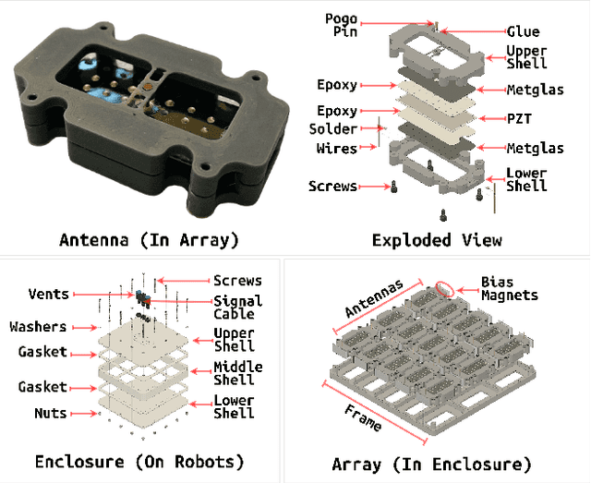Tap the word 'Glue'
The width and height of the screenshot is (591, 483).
tap(522, 30)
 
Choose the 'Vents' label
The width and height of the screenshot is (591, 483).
tap(48, 294)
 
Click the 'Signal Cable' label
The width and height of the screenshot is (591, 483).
tap(237, 308)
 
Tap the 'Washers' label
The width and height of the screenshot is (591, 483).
tap(38, 327)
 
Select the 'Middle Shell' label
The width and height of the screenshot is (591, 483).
tap(237, 374)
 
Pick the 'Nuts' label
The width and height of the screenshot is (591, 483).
tap(51, 413)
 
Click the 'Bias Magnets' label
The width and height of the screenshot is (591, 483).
tap(509, 288)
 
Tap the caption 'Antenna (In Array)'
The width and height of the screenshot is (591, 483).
tap(149, 240)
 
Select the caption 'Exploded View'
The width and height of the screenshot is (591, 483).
tap(437, 240)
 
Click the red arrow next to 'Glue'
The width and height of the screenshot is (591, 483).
tap(476, 30)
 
